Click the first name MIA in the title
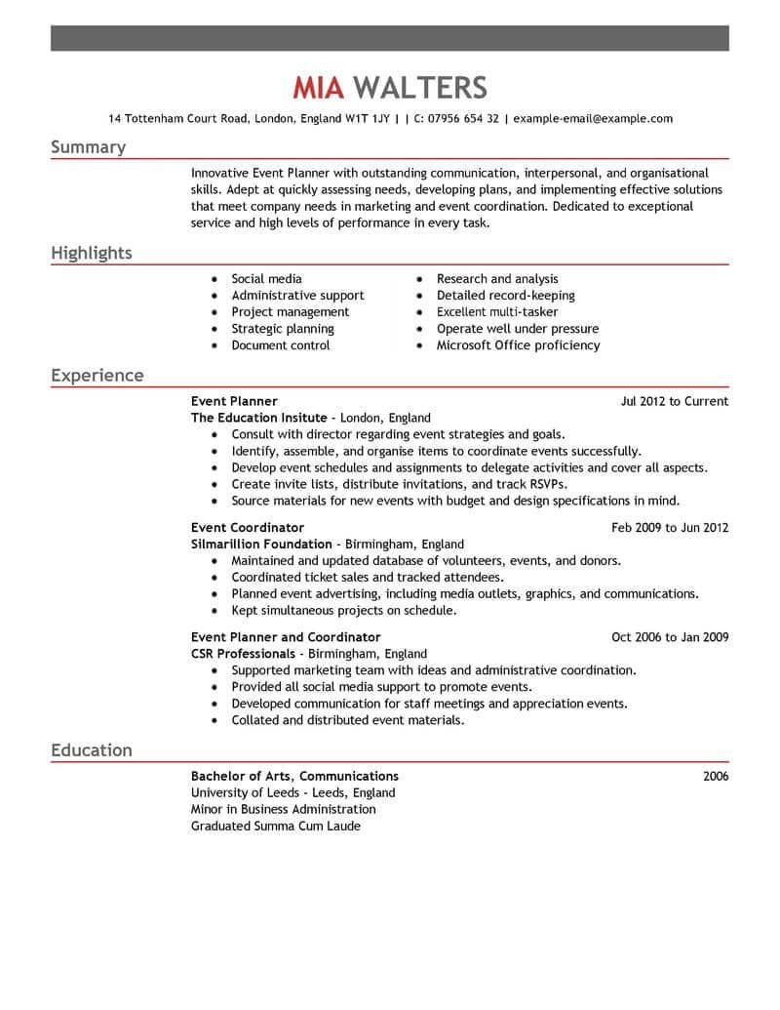[x=319, y=88]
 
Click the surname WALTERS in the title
[x=420, y=88]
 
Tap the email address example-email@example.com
[x=593, y=119]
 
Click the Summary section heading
[x=88, y=147]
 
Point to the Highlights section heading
[x=91, y=254]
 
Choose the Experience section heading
[x=97, y=376]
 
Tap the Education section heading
[x=91, y=750]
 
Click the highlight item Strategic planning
[x=283, y=329]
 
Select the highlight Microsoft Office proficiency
[x=518, y=345]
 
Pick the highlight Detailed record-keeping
[x=505, y=296]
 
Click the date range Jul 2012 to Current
[x=675, y=401]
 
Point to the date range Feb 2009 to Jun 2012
[x=670, y=528]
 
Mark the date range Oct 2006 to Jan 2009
[x=670, y=637]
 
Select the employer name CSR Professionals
[x=242, y=654]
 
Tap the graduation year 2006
[x=715, y=777]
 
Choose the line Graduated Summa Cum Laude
[x=276, y=827]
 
